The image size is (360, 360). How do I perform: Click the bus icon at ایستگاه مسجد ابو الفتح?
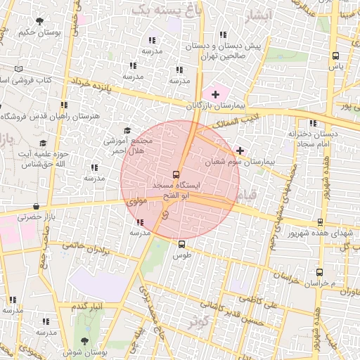tap(176, 174)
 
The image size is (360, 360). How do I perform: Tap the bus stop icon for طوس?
tap(182, 245)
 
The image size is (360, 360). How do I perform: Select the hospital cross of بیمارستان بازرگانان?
tap(215, 94)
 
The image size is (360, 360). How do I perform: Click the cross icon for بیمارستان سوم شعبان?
tap(240, 150)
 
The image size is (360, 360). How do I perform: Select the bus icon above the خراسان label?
tap(320, 271)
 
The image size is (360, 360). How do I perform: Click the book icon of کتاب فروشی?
tap(18, 69)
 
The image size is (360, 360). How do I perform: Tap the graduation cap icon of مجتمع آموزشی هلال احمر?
tap(127, 130)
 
